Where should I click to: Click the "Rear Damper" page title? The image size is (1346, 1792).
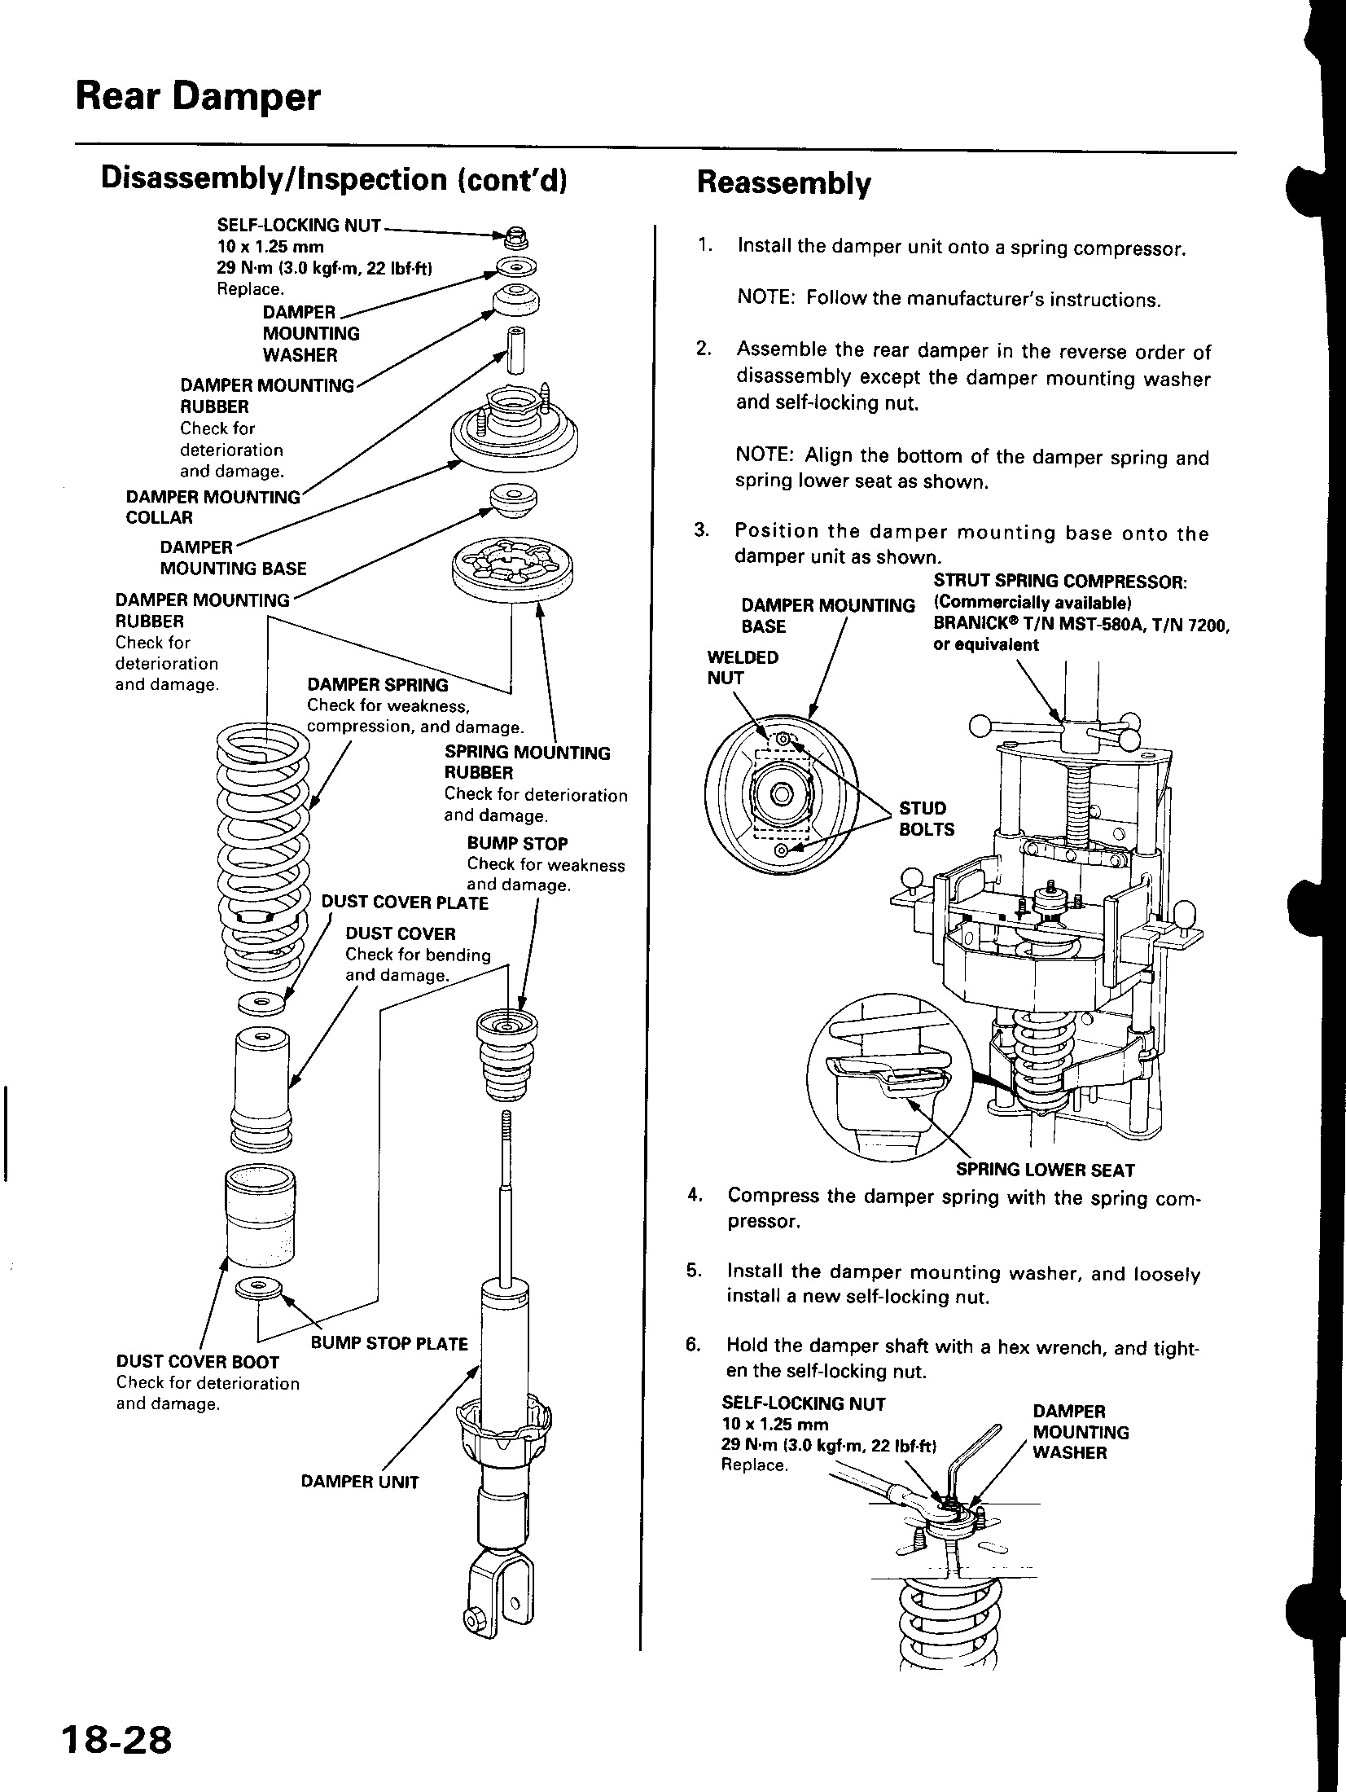click(x=198, y=98)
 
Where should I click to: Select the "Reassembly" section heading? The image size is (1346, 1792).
click(x=783, y=184)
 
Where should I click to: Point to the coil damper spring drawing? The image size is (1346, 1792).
click(x=263, y=847)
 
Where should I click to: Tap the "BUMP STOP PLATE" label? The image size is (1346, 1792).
click(x=389, y=1343)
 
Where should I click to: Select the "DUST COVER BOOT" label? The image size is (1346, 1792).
click(x=198, y=1362)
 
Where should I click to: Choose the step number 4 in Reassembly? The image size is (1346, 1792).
click(x=694, y=1195)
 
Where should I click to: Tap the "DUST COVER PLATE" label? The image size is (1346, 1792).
click(x=405, y=903)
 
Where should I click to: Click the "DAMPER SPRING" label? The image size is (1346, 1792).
click(x=377, y=685)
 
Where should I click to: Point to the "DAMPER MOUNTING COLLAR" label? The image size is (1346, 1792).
click(x=213, y=507)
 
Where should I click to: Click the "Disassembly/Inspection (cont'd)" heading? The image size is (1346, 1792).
click(x=333, y=179)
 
